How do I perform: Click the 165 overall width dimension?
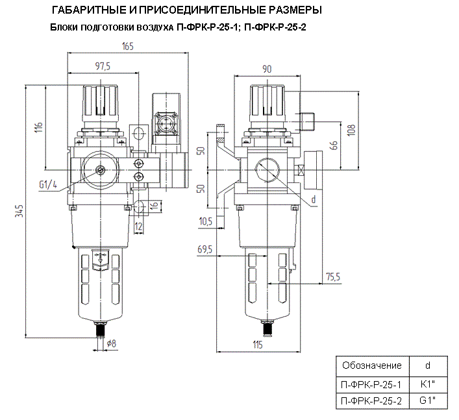(x=128, y=46)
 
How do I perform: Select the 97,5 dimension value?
(x=103, y=66)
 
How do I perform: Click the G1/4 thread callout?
(x=48, y=184)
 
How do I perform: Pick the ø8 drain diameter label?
(x=111, y=343)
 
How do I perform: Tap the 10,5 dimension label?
(x=206, y=221)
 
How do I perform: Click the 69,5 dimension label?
(x=206, y=249)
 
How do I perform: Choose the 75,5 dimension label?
(x=332, y=277)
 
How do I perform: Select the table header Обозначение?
(x=367, y=365)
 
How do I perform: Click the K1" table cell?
(x=427, y=384)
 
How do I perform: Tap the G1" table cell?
(x=427, y=401)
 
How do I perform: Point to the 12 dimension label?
(x=138, y=227)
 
